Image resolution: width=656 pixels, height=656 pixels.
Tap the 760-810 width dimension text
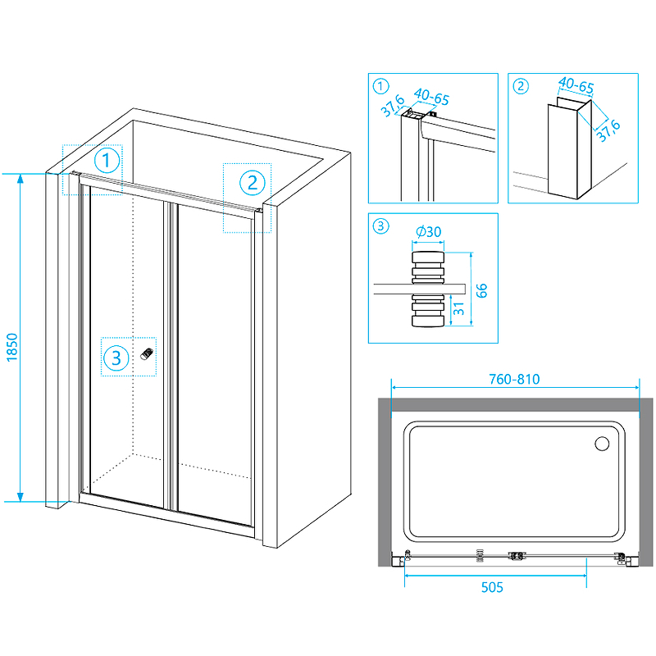click(514, 380)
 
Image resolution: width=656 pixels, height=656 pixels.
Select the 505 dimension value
click(493, 587)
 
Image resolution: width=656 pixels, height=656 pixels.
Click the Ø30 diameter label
click(429, 233)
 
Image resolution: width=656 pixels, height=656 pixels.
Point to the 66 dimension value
click(482, 290)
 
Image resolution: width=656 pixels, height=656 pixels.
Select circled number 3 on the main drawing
click(116, 358)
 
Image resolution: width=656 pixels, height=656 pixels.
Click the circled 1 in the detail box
click(380, 86)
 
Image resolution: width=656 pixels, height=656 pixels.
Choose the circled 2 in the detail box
click(520, 86)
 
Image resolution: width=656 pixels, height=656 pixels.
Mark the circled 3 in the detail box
click(380, 226)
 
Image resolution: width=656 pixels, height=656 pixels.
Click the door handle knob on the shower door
click(148, 353)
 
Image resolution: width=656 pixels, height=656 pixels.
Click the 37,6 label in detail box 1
click(393, 107)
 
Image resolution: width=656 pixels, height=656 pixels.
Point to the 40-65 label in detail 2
click(576, 84)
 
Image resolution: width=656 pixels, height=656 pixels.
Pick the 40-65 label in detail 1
click(430, 98)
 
